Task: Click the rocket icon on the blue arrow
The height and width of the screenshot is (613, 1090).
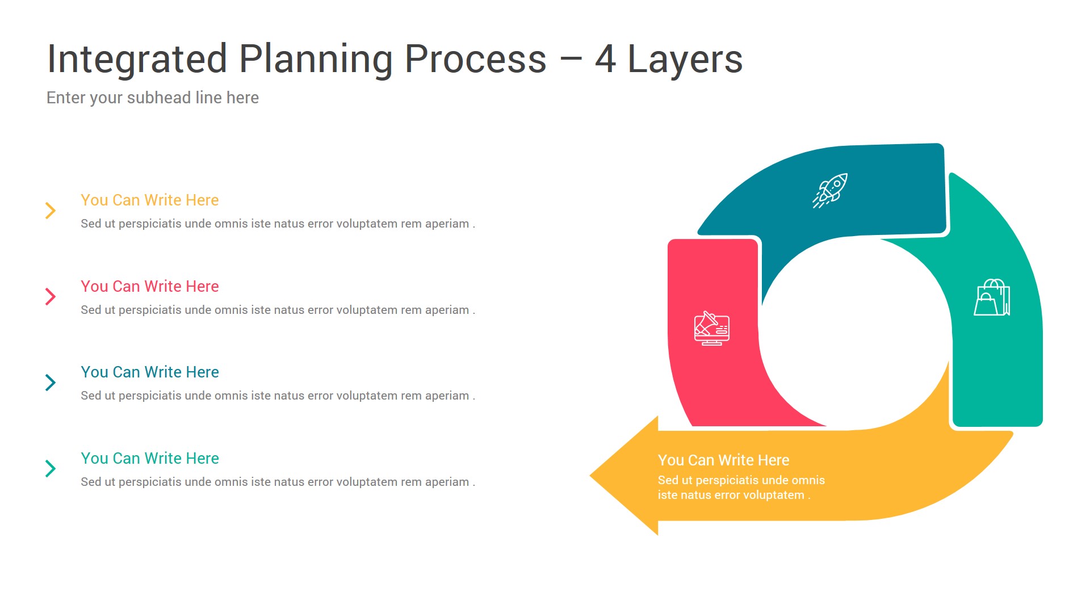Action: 830,191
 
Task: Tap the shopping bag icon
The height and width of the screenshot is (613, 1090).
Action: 992,297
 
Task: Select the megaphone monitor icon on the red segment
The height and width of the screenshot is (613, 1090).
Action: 712,328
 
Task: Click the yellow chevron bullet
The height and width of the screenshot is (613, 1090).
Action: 51,211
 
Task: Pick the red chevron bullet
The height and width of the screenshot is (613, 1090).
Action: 51,296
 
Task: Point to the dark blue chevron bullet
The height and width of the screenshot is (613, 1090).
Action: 51,383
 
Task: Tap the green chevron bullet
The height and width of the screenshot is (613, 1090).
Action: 51,468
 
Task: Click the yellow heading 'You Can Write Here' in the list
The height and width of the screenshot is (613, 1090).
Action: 150,200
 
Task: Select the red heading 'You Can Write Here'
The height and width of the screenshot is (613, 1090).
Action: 150,287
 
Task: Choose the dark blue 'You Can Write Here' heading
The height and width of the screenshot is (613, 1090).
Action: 150,372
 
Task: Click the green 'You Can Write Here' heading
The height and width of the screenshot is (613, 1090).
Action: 150,459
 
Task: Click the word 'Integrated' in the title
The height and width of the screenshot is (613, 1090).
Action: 137,60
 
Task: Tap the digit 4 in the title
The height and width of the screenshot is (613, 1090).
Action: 606,59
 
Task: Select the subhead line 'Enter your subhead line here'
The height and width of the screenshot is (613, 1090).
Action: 153,98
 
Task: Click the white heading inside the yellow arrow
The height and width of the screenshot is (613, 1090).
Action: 724,460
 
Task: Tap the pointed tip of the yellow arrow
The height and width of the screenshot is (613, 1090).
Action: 590,476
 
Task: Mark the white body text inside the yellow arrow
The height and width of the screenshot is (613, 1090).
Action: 741,488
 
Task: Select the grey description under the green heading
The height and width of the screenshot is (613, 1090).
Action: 278,482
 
